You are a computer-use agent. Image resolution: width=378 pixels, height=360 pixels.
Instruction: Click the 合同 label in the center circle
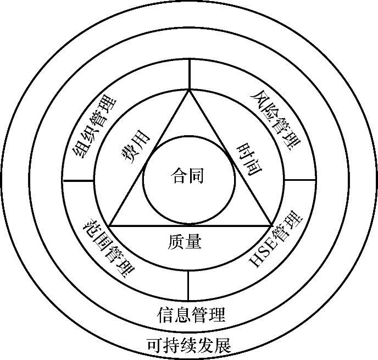tap(188, 176)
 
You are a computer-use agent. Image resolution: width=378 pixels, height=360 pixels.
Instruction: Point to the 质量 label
tap(185, 241)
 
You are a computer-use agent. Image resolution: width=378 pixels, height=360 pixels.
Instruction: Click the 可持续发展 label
tap(189, 345)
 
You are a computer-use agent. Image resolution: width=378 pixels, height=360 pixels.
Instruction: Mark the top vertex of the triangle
tap(190, 90)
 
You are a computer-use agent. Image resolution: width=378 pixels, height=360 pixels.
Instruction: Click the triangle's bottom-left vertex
tap(110, 225)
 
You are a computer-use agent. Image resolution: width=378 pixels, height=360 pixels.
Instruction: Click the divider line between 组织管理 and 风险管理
tap(190, 74)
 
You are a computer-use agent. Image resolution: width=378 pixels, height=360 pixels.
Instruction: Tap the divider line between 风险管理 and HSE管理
tap(301, 180)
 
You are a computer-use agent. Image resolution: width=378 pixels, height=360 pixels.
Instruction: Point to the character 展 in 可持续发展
tap(223, 345)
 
